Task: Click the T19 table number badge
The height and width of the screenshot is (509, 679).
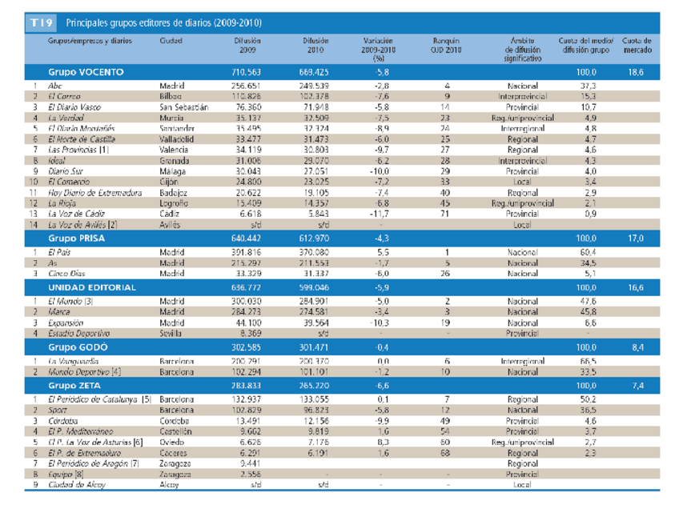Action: click(x=42, y=23)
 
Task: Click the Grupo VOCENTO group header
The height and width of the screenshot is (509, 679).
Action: click(x=86, y=72)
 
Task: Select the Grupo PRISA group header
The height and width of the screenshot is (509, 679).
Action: click(x=78, y=238)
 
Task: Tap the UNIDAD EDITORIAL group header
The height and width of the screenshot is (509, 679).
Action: click(x=92, y=287)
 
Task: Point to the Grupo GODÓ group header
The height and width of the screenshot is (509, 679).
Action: click(x=78, y=347)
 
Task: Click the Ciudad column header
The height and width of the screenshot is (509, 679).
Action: click(x=171, y=40)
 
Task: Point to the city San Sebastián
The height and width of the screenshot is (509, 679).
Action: click(x=184, y=106)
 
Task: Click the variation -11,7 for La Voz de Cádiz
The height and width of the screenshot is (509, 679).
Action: click(x=379, y=214)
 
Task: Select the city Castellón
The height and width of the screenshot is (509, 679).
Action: click(x=176, y=431)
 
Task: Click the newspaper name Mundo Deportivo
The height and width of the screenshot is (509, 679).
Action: click(x=82, y=372)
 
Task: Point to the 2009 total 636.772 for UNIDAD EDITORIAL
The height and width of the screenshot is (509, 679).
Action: click(x=247, y=287)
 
